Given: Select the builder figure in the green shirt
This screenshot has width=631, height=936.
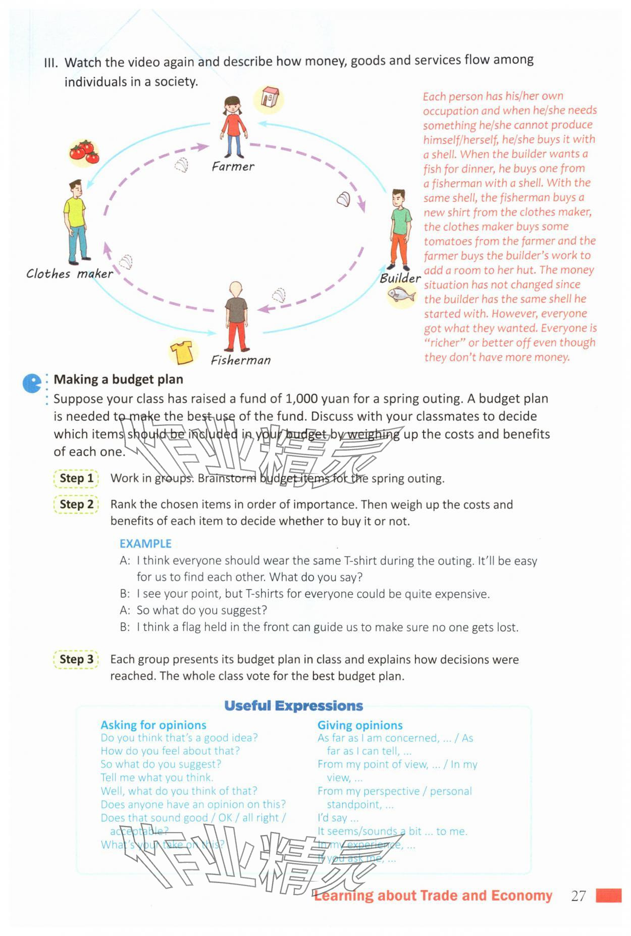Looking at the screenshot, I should point(400,230).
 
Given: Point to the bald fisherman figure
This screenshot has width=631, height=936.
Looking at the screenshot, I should point(236,315).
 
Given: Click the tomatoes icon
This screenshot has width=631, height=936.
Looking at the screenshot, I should point(84,151).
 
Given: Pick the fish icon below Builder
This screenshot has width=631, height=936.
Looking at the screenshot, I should point(402,295).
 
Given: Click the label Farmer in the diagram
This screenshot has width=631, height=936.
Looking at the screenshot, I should point(233,167).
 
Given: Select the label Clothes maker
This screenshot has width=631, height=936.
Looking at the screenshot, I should point(70,274).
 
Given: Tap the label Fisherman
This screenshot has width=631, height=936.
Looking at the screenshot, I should point(241,360).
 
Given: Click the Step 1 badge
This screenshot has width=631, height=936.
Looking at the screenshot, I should point(76,478).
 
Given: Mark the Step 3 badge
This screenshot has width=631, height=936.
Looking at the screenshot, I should point(76,659).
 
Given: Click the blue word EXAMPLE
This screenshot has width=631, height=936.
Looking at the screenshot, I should point(145,543).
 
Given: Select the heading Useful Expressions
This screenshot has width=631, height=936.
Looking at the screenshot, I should point(293,706).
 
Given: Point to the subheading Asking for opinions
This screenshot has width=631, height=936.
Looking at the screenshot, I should point(153,725).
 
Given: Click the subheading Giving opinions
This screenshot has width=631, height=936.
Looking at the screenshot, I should point(360,725).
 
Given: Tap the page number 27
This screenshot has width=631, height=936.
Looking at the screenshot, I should point(578,896).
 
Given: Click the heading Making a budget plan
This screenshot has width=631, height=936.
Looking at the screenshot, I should point(119,379).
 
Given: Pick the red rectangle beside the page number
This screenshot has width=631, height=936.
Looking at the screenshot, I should point(608,896).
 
